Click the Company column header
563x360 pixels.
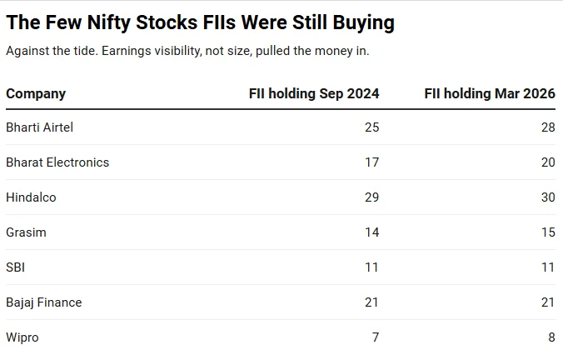36,94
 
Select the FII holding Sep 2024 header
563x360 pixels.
314,94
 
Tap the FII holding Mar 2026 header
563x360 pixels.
490,94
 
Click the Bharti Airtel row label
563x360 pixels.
39,127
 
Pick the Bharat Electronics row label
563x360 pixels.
57,162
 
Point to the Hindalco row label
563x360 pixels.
32,197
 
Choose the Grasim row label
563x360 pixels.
26,232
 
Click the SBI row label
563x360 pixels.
16,267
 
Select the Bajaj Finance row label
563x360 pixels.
44,302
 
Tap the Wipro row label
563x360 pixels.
22,337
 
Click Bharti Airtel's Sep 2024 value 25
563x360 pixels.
372,127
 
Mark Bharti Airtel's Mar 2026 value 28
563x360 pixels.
548,127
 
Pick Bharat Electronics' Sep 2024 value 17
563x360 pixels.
372,162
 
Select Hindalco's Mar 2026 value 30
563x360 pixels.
548,197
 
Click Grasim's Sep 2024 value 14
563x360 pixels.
372,232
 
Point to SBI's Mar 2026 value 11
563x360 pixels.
548,267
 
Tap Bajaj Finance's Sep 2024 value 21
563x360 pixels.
372,302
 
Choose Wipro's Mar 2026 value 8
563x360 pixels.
552,337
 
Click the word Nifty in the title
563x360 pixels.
109,23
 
